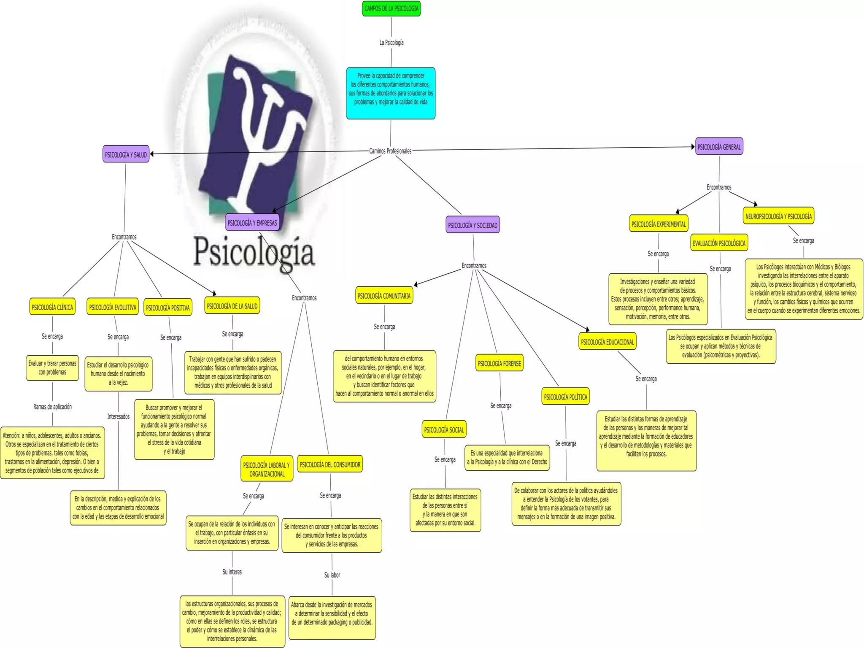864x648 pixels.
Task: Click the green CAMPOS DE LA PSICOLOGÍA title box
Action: pyautogui.click(x=391, y=8)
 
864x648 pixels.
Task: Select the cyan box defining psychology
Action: pyautogui.click(x=391, y=93)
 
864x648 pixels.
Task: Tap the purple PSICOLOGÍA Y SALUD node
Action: pyautogui.click(x=126, y=154)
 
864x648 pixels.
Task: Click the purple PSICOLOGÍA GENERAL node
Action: pyautogui.click(x=719, y=147)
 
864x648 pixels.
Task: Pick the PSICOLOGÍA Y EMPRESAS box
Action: pyautogui.click(x=252, y=223)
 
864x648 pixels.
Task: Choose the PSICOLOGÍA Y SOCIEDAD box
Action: pyautogui.click(x=472, y=225)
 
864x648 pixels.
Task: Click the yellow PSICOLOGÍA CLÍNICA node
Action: pyautogui.click(x=52, y=307)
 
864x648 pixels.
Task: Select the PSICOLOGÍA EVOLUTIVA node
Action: pyautogui.click(x=113, y=307)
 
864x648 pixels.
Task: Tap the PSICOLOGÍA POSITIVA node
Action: pyautogui.click(x=168, y=308)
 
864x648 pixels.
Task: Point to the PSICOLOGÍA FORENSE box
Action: pyautogui.click(x=499, y=363)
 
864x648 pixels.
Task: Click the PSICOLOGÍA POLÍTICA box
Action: pyautogui.click(x=565, y=397)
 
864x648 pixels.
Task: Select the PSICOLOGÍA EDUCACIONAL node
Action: pyautogui.click(x=607, y=342)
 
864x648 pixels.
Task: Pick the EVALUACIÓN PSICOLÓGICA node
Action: pyautogui.click(x=719, y=243)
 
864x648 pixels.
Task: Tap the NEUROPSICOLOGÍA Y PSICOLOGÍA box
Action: pyautogui.click(x=778, y=216)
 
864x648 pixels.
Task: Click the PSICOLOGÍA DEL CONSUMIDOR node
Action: pyautogui.click(x=330, y=464)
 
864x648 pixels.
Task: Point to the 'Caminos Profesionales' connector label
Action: pyautogui.click(x=390, y=151)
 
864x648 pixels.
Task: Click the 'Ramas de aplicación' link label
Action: pyautogui.click(x=52, y=407)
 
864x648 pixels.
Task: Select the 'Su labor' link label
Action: pyautogui.click(x=332, y=575)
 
